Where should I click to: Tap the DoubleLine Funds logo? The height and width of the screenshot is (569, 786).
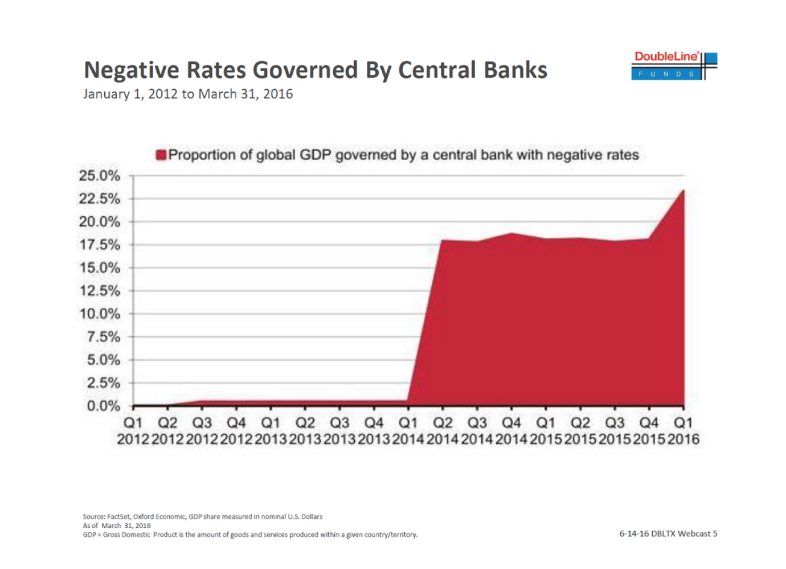[674, 66]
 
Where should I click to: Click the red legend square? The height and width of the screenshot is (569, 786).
[161, 155]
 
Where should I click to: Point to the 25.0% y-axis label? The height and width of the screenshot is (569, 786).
[100, 176]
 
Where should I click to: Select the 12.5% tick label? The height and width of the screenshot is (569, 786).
[100, 291]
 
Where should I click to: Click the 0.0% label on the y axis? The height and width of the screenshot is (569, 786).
[103, 406]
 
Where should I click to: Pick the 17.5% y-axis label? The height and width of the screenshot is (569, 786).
[100, 245]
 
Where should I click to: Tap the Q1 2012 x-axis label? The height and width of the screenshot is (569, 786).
[133, 431]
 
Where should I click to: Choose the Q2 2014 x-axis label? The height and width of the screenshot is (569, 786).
[443, 431]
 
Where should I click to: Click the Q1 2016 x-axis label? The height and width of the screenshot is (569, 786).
[683, 431]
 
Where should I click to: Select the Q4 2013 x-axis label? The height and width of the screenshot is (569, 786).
[374, 431]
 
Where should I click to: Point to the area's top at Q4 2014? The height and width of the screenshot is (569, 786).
[511, 233]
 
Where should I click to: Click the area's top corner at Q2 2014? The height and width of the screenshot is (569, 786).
[443, 240]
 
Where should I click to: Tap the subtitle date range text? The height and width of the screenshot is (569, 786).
[188, 94]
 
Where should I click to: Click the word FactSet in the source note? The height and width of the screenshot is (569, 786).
[118, 517]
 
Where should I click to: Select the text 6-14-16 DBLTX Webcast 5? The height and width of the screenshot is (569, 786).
[668, 534]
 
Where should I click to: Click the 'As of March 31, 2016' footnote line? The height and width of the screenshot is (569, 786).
[117, 526]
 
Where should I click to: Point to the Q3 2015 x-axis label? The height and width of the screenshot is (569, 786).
[615, 431]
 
